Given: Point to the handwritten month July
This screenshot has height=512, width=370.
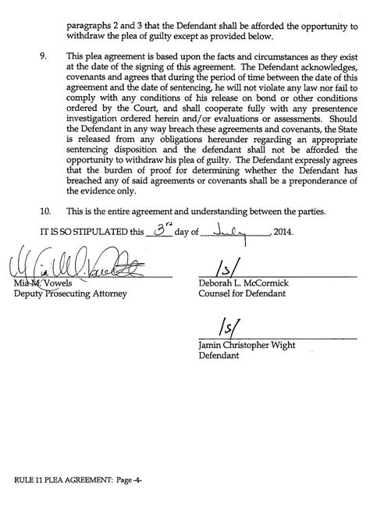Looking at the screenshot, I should click(x=233, y=230).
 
